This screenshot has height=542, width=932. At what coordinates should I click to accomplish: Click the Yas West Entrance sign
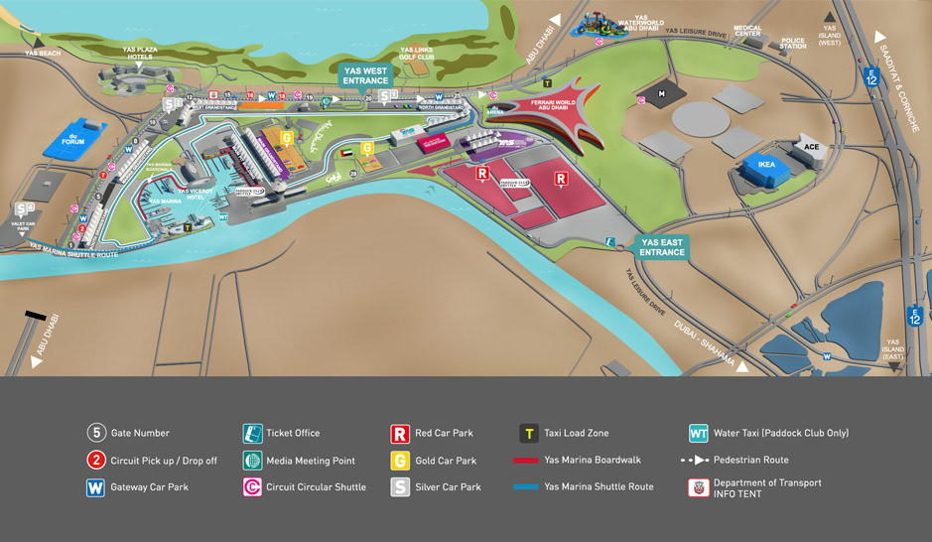[365, 75]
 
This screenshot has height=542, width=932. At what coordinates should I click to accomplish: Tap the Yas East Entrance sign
[662, 247]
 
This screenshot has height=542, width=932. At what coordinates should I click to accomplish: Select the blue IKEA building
[766, 168]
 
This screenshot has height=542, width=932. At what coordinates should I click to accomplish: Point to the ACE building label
[812, 147]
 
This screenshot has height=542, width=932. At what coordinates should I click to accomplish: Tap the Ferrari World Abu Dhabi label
[552, 105]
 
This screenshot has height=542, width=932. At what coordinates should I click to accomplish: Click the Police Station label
[792, 43]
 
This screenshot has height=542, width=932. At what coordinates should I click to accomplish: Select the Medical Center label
[747, 32]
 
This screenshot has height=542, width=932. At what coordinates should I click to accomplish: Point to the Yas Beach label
[43, 53]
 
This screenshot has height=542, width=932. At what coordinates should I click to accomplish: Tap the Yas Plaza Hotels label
[140, 52]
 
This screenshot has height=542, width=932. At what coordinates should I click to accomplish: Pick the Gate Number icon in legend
[96, 433]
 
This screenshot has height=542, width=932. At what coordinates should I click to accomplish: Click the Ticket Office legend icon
[252, 433]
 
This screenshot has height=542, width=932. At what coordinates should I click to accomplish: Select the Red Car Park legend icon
[399, 433]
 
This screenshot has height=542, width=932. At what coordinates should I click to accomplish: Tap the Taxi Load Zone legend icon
[529, 433]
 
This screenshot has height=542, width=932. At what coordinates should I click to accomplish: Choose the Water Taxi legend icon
[699, 433]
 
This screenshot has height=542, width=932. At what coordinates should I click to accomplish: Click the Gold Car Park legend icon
[399, 461]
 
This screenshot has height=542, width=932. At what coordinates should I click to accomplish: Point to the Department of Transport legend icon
[699, 487]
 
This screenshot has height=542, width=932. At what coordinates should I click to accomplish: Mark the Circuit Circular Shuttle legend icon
[252, 487]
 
